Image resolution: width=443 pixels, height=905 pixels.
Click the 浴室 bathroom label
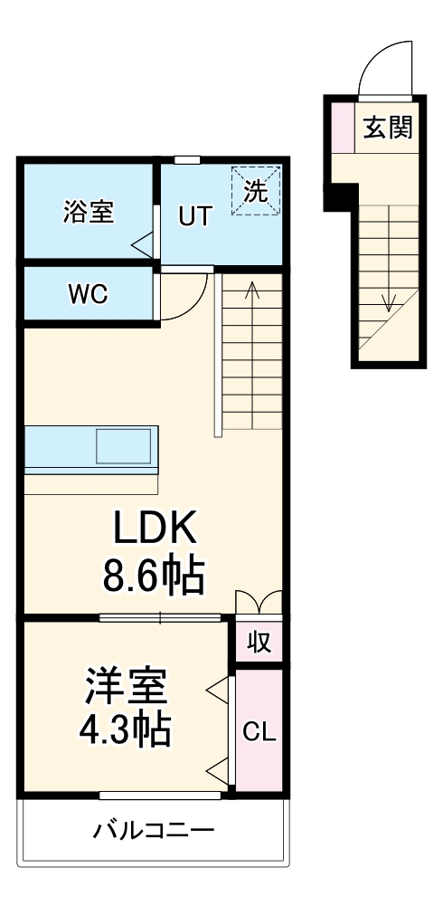[88, 214]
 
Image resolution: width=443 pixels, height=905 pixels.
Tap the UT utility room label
[194, 216]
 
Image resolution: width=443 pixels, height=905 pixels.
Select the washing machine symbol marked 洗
[257, 191]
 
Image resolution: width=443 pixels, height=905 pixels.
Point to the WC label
[88, 294]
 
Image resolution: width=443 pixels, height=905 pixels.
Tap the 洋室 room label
[126, 685]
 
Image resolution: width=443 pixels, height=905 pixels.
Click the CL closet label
[260, 730]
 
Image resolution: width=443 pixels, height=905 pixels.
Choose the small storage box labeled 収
[259, 642]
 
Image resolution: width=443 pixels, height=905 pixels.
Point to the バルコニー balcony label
[155, 829]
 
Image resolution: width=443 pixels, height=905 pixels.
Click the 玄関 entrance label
[388, 129]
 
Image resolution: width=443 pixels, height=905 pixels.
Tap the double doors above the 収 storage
[259, 603]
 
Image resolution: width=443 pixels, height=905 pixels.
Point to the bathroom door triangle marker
[142, 243]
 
